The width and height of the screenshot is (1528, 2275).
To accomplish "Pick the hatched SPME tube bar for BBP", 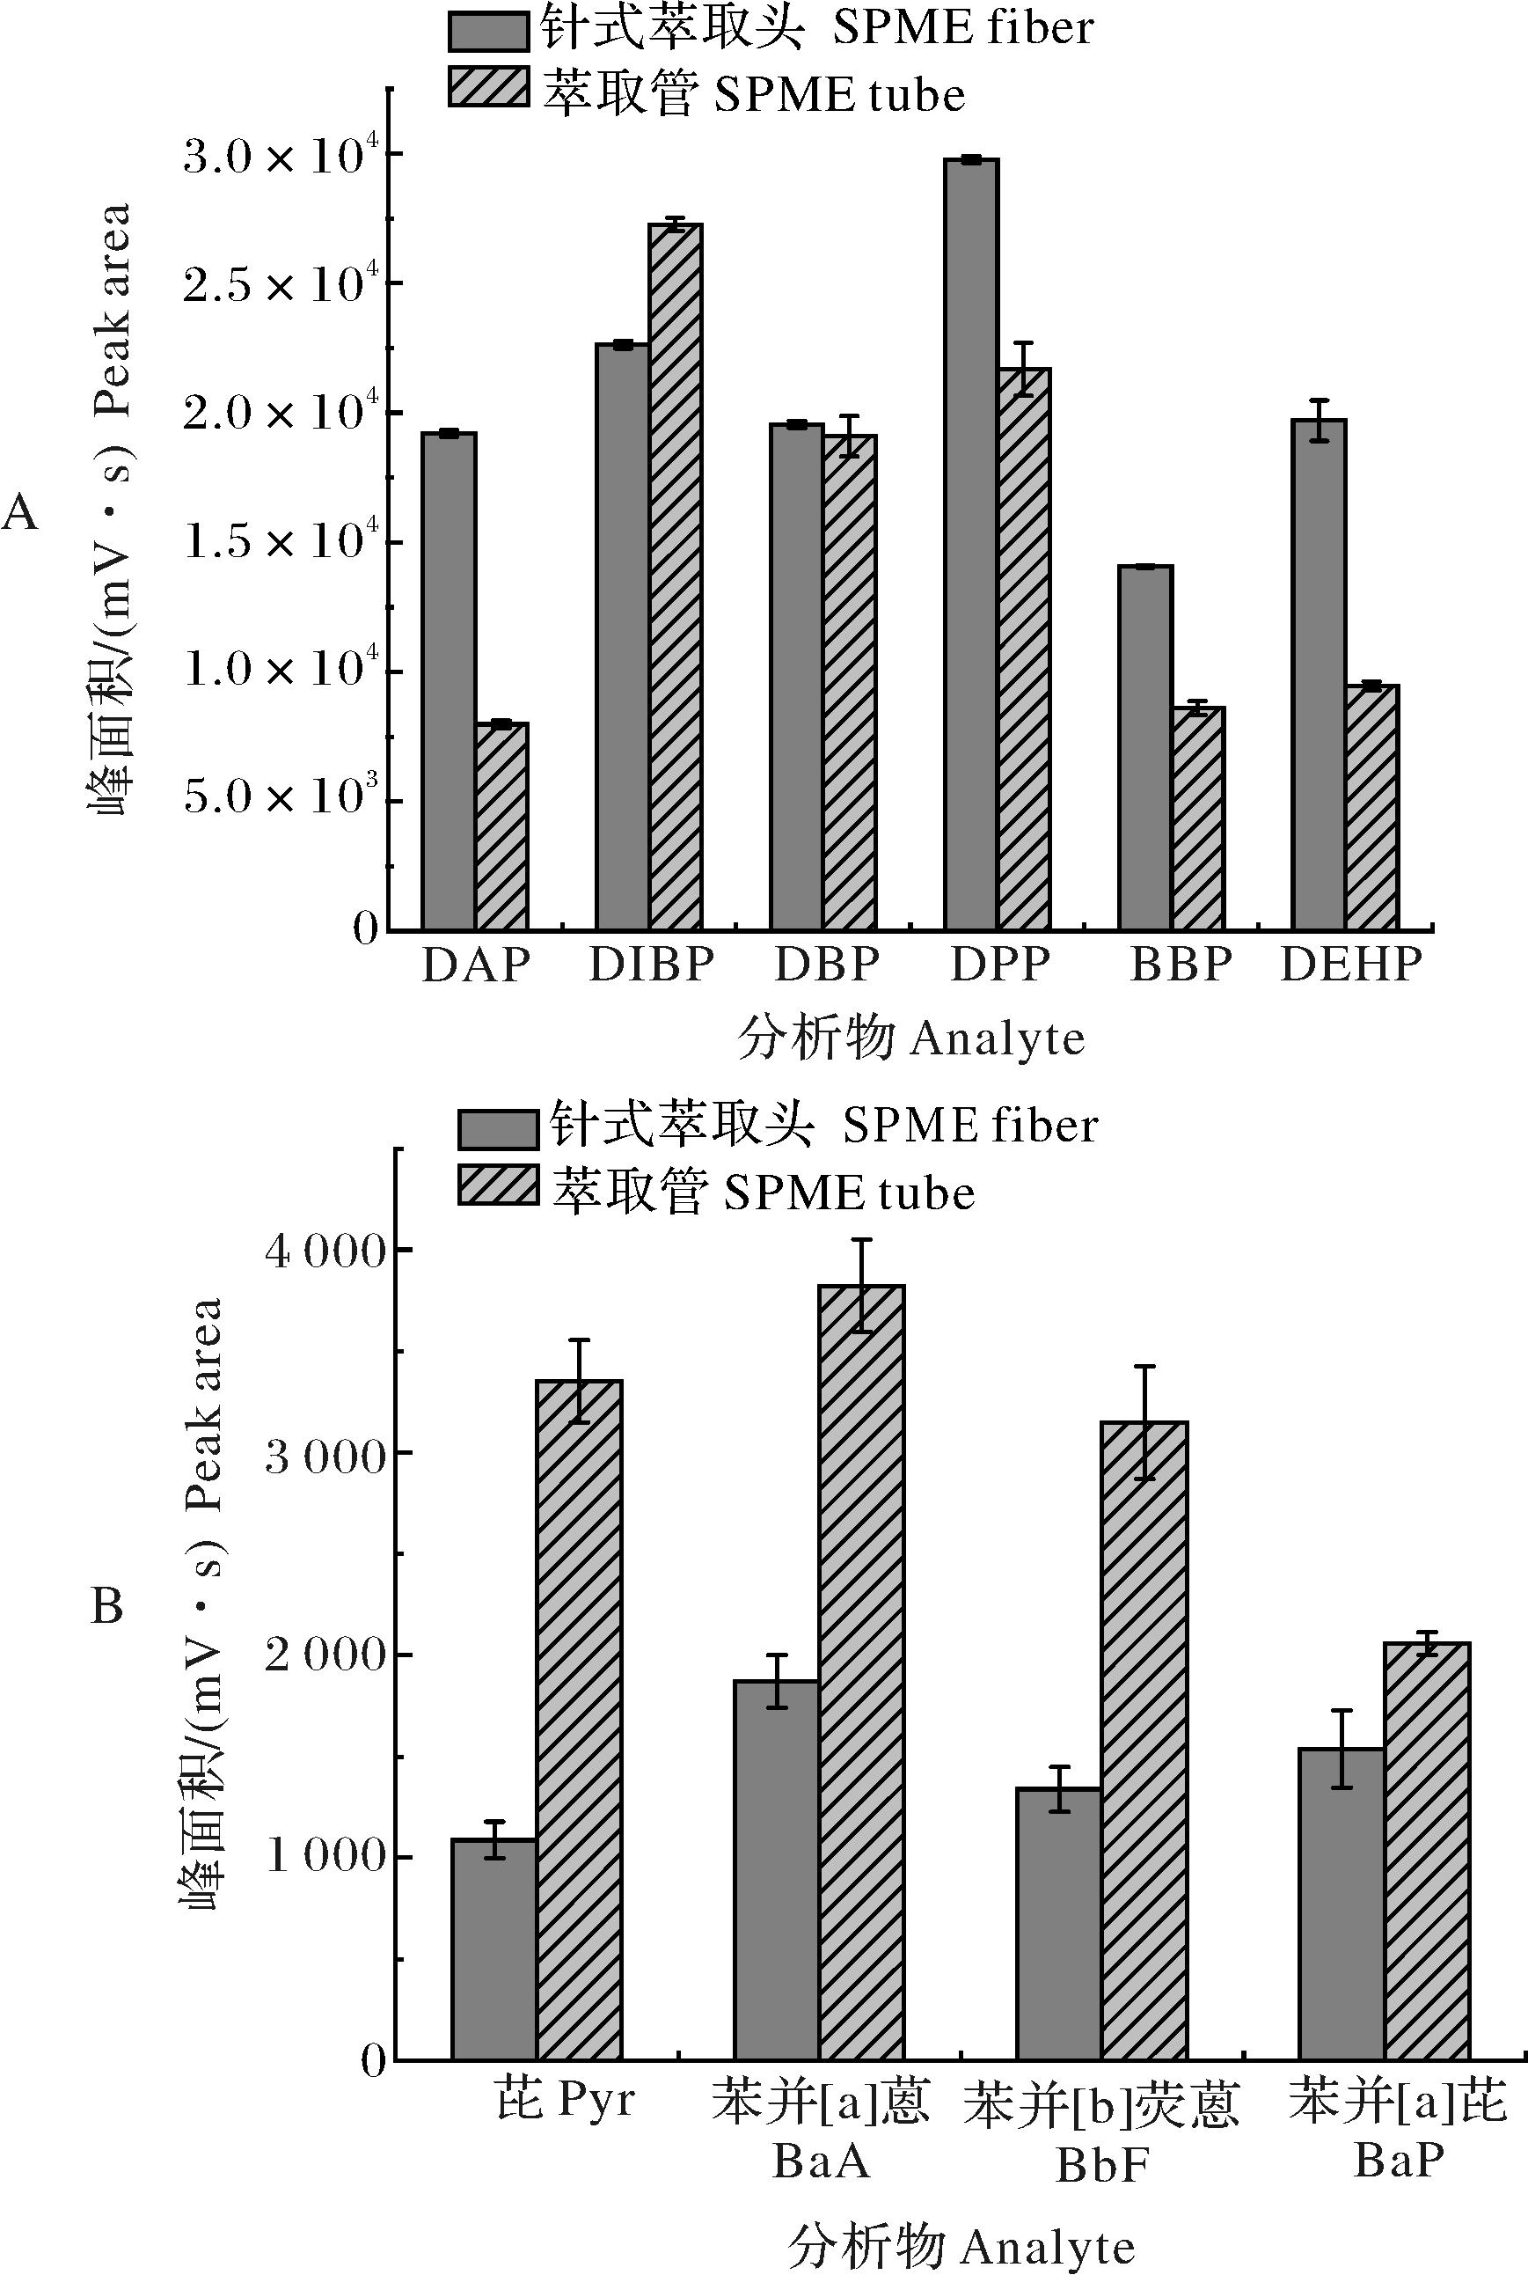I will (x=1197, y=818).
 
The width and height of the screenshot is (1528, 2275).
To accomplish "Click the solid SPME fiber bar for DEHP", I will (x=1318, y=673).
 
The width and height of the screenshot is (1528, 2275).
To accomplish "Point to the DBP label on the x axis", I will (x=826, y=964).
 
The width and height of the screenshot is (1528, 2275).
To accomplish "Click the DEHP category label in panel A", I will (x=1350, y=964).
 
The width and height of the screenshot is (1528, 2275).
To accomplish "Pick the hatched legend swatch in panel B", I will (x=497, y=1186).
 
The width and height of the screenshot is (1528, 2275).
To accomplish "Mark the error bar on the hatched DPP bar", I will (x=1023, y=369).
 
